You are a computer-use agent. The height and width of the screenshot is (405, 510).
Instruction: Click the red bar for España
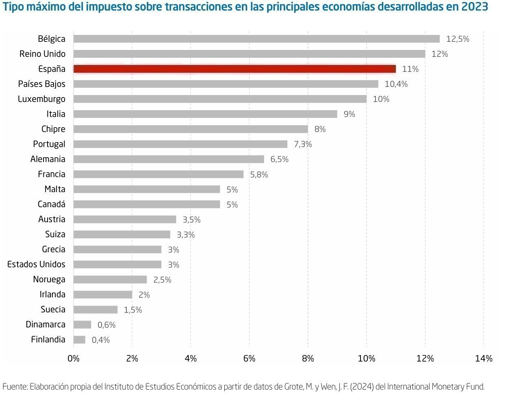pos(234,69)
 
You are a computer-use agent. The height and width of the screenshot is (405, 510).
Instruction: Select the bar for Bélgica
pos(256,39)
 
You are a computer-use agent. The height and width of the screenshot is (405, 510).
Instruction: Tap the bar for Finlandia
pos(80,340)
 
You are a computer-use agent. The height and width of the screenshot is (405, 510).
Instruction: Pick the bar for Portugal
pos(180,144)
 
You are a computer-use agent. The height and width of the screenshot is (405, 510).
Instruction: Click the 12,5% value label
pos(458,39)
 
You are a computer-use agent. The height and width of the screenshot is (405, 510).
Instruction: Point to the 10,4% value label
pos(396,84)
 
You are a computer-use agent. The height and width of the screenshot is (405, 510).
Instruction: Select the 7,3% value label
pos(303,144)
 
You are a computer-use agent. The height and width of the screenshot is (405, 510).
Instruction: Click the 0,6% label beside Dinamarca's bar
pos(106,325)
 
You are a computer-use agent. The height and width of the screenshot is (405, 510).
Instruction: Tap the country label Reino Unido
pos(42,54)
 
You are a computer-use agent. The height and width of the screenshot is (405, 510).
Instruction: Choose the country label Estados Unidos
pos(36,264)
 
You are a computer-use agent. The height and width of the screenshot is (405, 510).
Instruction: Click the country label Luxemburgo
pos(41,99)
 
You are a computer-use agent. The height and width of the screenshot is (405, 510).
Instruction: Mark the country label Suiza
pos(55,234)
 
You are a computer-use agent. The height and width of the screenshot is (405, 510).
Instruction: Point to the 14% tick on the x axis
pos(484,359)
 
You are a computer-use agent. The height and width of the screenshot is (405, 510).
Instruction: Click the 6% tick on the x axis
pos(249,359)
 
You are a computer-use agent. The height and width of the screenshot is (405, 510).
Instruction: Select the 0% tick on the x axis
pos(74,359)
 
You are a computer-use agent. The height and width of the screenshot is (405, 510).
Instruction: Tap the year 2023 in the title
pos(475,7)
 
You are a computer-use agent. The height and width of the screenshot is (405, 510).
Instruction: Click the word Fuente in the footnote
pos(15,387)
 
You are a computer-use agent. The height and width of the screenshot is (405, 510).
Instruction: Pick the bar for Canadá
pos(147,204)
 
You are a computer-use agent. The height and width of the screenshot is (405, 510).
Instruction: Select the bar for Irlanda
pos(103,295)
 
